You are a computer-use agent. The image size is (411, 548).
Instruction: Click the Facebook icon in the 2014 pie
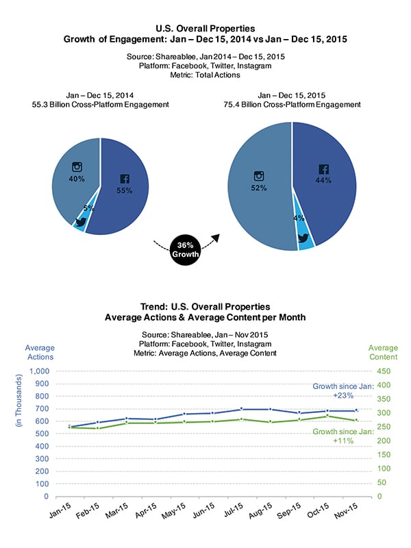pos(125,179)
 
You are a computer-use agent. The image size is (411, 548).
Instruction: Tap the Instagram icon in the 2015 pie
pos(259,176)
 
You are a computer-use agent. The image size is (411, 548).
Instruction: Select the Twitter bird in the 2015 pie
pos(303,238)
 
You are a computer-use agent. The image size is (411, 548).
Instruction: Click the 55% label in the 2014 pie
pos(125,190)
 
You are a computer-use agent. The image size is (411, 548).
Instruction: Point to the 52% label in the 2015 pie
pos(259,188)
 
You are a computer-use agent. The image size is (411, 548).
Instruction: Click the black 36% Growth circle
pos(185,250)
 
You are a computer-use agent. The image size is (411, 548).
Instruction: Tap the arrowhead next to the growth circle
pos(216,238)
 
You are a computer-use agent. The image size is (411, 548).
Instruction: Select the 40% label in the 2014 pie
pos(77,179)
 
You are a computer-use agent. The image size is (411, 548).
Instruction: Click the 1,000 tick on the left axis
pos(40,371)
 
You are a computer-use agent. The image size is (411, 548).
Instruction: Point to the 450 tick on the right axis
pos(384,371)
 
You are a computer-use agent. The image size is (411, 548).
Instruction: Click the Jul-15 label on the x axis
pos(233,510)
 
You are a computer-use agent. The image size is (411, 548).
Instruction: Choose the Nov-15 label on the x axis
pos(346,510)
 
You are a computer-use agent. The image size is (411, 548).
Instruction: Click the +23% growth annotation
pos(343,396)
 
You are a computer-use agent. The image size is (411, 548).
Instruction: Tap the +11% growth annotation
pos(343,440)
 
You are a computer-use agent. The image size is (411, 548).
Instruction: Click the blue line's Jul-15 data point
pos(242,409)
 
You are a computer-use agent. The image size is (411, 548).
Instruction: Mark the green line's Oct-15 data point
pos(327,416)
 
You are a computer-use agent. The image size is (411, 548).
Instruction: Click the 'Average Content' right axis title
pos(384,352)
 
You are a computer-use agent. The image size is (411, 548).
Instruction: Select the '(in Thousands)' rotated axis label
pos(18,401)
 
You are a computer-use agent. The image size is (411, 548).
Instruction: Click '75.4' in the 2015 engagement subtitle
pos(232,105)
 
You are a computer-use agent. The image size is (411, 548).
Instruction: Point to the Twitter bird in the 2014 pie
pos(81,222)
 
